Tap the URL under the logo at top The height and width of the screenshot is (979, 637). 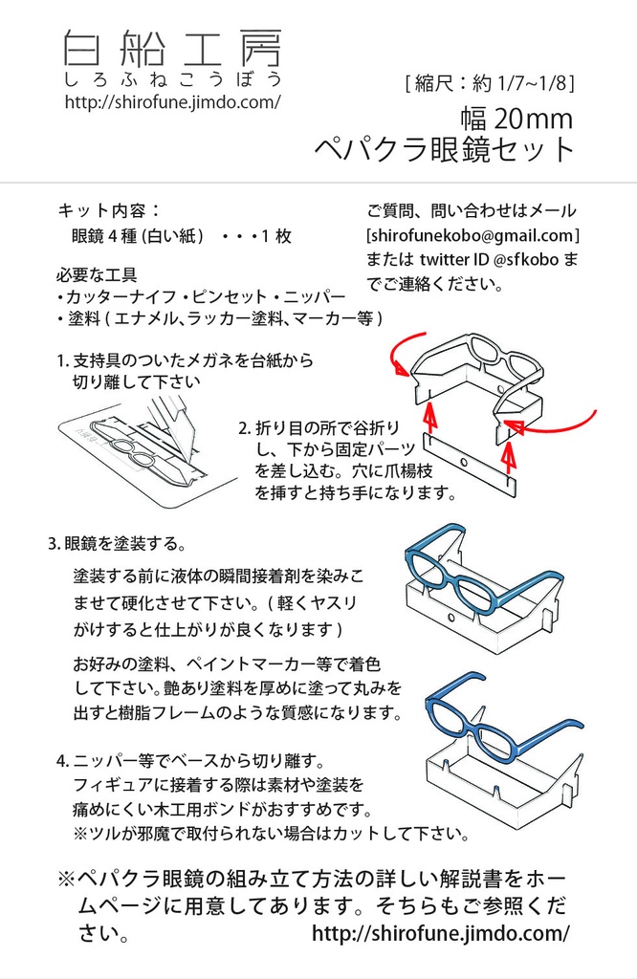(173, 101)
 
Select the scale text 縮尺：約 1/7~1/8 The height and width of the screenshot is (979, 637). (491, 83)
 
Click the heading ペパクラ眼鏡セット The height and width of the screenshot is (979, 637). (444, 149)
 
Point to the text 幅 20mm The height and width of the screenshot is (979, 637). (516, 118)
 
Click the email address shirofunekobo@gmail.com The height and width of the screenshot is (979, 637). (472, 235)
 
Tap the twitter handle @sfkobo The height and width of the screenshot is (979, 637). (525, 259)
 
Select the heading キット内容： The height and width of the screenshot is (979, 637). (109, 210)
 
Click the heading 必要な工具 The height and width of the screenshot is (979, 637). (97, 274)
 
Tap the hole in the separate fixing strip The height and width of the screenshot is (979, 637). (464, 463)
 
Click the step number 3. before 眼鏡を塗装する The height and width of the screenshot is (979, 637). (55, 544)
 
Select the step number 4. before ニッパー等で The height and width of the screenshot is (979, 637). (62, 761)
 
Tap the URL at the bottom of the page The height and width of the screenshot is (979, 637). (441, 933)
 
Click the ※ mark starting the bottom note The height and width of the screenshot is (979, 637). (66, 880)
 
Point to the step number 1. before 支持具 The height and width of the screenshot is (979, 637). (62, 360)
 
